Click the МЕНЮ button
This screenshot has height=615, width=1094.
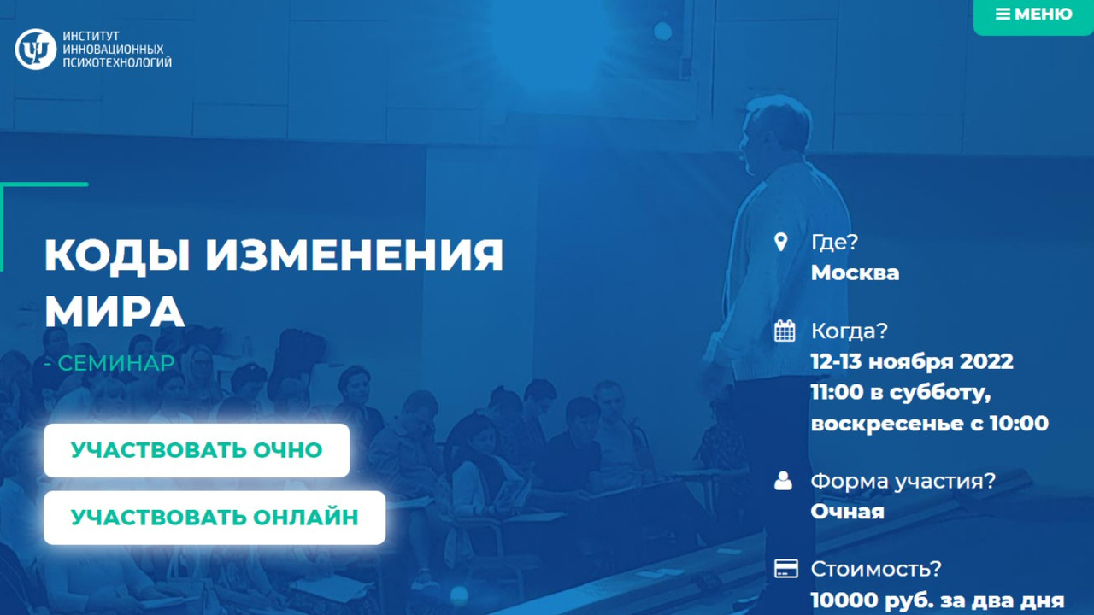[x=1033, y=15]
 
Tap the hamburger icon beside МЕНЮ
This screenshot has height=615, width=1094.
[x=1003, y=15]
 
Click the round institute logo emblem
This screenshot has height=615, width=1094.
[x=36, y=50]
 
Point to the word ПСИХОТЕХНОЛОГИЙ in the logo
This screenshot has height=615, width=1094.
[x=117, y=62]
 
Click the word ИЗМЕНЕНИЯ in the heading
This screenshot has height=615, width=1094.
[x=354, y=255]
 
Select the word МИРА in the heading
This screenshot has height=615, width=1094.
[x=115, y=312]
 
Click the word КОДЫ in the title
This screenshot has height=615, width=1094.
[x=116, y=255]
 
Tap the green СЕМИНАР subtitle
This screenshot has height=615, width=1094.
[x=115, y=363]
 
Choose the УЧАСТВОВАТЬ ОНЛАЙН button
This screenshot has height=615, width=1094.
[x=215, y=518]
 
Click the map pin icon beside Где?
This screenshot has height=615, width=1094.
[x=780, y=242]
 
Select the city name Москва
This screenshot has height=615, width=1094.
[x=855, y=273]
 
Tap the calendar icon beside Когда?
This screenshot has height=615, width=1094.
[x=785, y=331]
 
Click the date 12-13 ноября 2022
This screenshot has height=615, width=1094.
[x=912, y=361]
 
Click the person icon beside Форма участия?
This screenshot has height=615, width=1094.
[x=784, y=481]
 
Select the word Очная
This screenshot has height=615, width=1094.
[x=847, y=512]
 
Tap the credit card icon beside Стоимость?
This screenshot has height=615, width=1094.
[x=785, y=569]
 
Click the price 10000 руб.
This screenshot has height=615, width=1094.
[x=864, y=600]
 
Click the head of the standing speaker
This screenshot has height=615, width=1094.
[x=775, y=130]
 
